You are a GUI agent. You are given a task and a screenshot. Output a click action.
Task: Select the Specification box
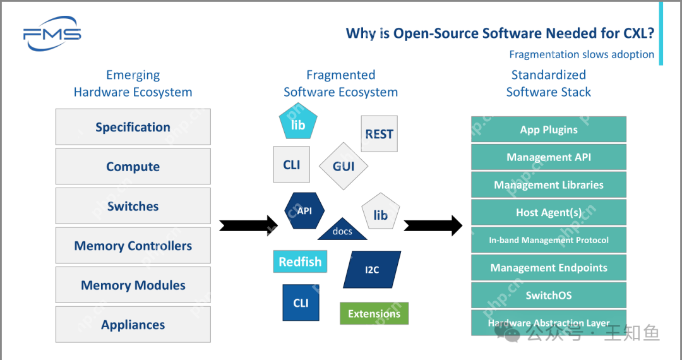(133, 127)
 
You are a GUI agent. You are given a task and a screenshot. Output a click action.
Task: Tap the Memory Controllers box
(133, 246)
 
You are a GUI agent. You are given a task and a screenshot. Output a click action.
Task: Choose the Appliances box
(133, 325)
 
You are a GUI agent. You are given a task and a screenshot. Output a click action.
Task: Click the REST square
(379, 134)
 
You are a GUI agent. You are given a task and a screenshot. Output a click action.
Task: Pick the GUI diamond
(343, 167)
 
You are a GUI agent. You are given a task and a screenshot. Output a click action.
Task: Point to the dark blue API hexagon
(304, 210)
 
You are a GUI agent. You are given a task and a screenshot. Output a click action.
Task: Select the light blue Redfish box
(300, 261)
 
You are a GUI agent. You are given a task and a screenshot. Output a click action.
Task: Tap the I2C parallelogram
(372, 270)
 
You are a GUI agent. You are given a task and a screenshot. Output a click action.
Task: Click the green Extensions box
(374, 313)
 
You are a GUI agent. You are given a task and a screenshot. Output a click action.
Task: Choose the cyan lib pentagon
(298, 124)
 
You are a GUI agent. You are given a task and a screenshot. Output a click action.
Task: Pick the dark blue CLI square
(301, 303)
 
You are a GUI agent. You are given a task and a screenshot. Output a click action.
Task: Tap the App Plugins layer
(549, 129)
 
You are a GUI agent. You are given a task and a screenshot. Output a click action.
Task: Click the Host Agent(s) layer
(549, 212)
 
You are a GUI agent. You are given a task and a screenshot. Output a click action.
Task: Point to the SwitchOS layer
(549, 295)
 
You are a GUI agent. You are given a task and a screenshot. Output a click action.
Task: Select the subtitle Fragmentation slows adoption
(582, 54)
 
